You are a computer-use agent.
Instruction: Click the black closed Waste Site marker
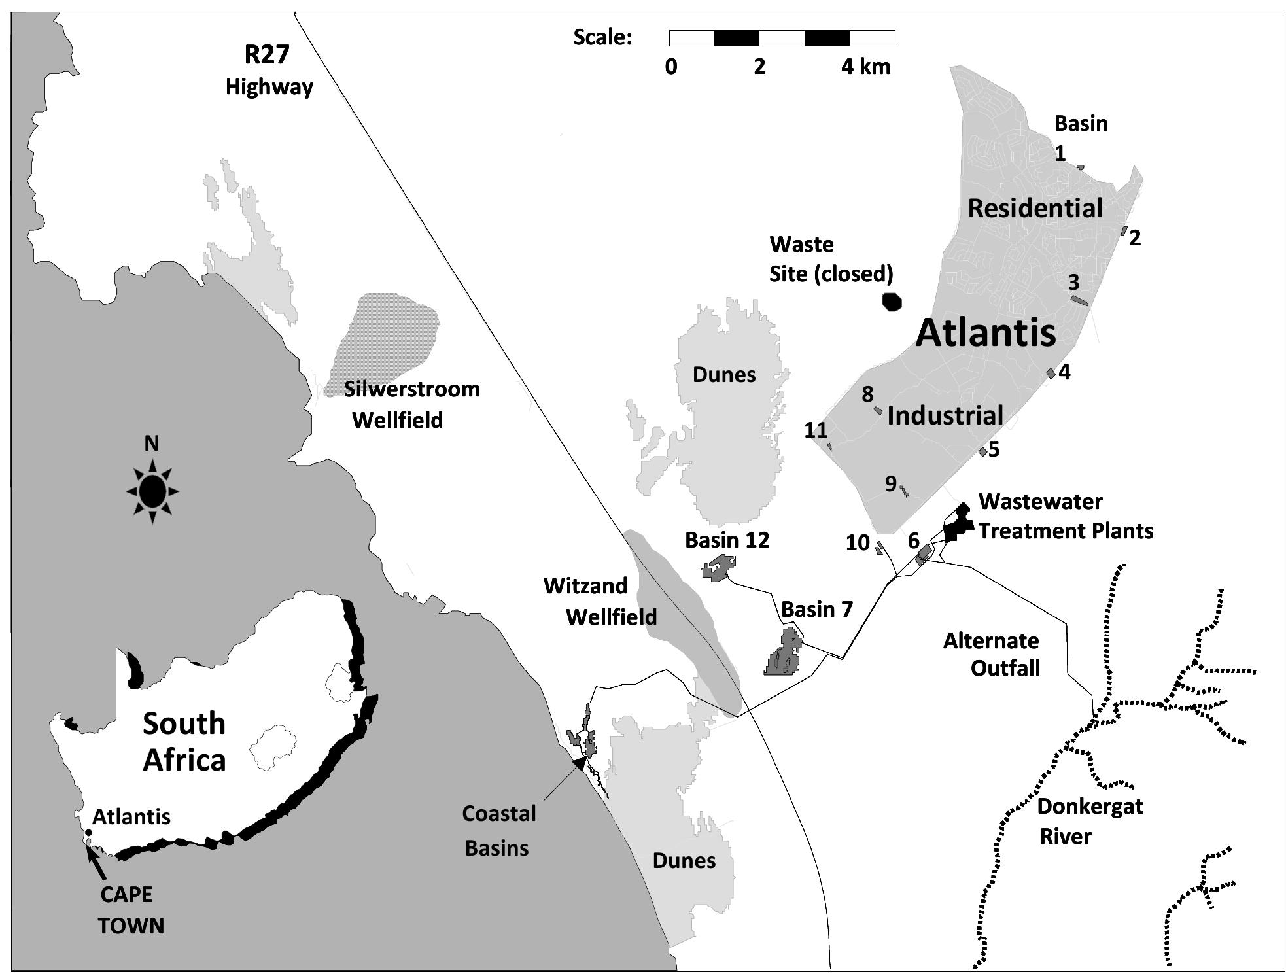892,302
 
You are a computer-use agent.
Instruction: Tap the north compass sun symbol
152,491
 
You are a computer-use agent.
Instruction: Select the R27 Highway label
268,69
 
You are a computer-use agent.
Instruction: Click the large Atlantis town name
985,332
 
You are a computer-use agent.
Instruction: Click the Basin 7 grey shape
783,655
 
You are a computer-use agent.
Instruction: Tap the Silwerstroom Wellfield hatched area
386,340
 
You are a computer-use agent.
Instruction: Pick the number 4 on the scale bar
848,67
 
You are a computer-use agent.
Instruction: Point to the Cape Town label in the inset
130,909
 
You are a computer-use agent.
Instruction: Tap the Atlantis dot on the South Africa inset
88,833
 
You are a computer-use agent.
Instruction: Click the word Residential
1035,208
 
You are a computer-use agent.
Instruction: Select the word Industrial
945,415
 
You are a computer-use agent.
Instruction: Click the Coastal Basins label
498,830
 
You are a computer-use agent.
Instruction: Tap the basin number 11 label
816,430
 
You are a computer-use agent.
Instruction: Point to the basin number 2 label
1135,237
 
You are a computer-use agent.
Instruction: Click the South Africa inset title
184,741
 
